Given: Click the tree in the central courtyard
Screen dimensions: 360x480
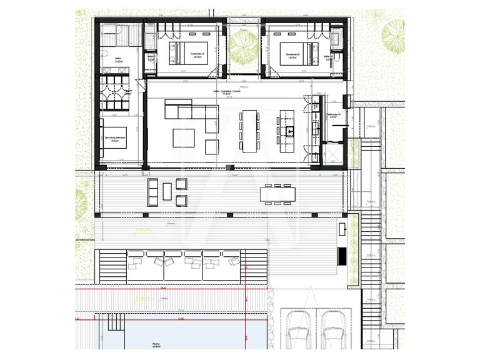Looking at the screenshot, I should pyautogui.click(x=244, y=44).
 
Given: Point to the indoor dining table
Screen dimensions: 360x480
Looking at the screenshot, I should pyautogui.click(x=250, y=131).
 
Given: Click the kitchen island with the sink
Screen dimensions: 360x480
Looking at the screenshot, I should pyautogui.click(x=287, y=131).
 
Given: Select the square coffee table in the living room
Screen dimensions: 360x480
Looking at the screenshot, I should pyautogui.click(x=184, y=137).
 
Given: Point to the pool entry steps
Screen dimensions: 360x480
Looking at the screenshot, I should pyautogui.click(x=114, y=322).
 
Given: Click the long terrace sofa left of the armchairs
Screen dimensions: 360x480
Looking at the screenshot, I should pyautogui.click(x=153, y=192).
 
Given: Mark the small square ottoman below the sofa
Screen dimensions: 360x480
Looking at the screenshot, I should pyautogui.click(x=212, y=146).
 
